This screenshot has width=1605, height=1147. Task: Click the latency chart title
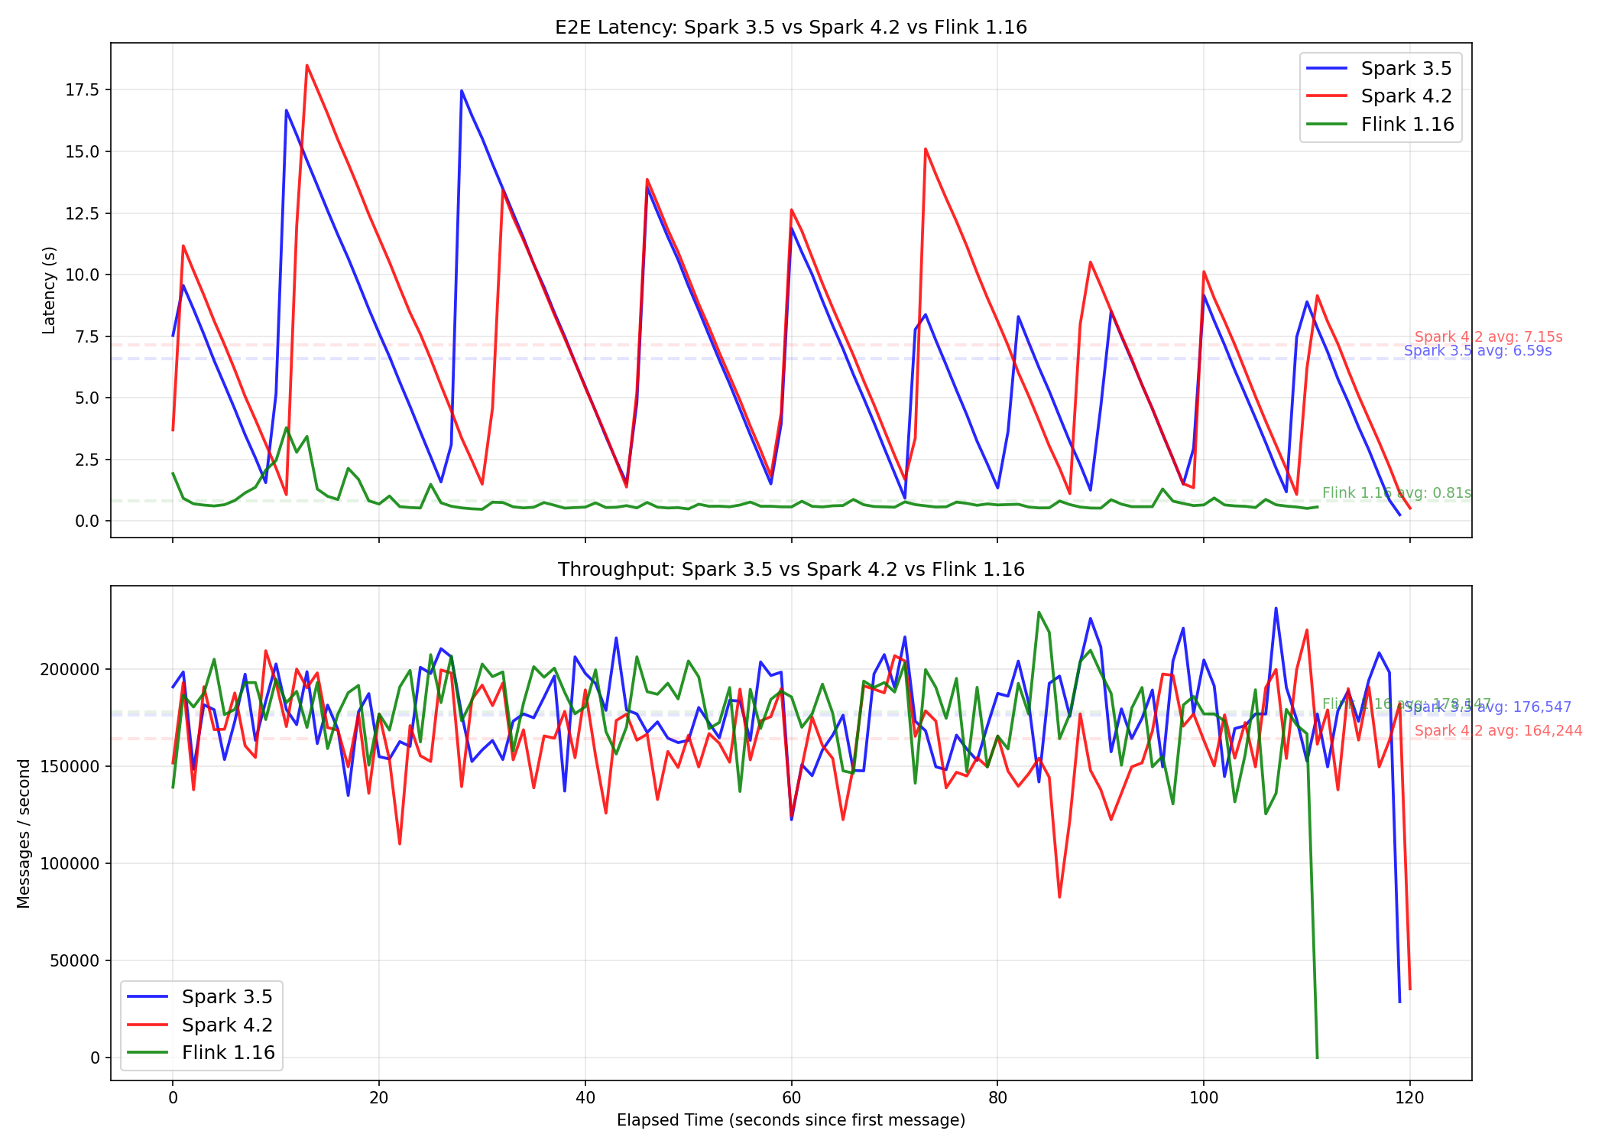(791, 28)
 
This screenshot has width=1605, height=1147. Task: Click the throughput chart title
(791, 570)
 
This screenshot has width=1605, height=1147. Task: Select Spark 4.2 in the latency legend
(1406, 96)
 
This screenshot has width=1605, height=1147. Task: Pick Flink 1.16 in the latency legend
(1407, 125)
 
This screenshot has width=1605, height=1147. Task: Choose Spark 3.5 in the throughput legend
(227, 997)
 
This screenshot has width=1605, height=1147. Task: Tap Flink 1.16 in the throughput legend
(228, 1053)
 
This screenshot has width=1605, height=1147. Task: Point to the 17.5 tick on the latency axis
(82, 90)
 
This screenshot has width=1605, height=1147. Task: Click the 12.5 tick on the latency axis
(82, 213)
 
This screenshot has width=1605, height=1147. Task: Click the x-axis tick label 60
(791, 1098)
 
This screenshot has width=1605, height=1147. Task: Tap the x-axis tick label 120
(1409, 1098)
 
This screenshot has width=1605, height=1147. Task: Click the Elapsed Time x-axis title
(791, 1121)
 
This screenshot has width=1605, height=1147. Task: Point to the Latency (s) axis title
(49, 290)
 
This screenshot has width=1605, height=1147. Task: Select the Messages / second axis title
(24, 833)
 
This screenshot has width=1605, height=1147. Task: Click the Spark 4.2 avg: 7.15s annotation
(1488, 337)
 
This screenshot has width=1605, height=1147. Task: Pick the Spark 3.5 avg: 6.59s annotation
(1477, 351)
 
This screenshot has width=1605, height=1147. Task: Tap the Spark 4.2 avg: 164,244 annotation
(1498, 731)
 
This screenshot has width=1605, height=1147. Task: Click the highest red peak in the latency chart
(306, 66)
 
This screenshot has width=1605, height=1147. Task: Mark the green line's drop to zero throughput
(1317, 1058)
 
